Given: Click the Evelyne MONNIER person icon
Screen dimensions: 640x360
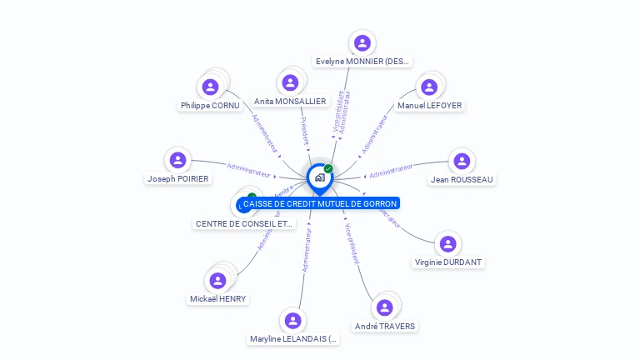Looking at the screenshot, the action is (x=362, y=42).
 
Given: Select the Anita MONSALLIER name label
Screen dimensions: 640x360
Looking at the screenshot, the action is (x=290, y=102).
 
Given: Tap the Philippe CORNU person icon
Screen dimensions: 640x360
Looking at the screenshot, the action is (x=210, y=86).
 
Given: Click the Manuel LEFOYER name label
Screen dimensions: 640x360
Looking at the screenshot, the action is (x=429, y=106).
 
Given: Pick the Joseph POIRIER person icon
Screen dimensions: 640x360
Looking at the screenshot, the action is (x=177, y=160).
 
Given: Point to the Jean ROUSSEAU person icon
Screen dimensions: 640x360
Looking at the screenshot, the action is (x=462, y=161).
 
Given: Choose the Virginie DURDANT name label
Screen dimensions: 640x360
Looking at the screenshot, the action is (x=448, y=262).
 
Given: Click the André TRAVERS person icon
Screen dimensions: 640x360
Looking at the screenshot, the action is (x=384, y=307).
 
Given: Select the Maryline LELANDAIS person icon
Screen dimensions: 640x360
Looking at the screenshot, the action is (x=292, y=320).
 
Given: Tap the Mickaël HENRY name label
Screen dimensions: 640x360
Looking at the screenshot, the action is (x=217, y=299).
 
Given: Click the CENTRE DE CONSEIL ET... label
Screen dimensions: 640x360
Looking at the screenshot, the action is (x=244, y=224).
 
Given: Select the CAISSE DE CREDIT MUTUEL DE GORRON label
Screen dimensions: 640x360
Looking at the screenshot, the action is (x=320, y=203).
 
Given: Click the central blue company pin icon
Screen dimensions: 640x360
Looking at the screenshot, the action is (x=318, y=177).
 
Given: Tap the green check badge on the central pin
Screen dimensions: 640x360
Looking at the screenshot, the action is (x=328, y=168).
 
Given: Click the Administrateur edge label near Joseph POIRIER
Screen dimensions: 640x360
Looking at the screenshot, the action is (x=250, y=170).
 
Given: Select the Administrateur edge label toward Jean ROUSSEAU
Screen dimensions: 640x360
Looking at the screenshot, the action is (x=391, y=172).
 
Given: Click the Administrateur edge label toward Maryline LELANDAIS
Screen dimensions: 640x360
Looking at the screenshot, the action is (x=307, y=249).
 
